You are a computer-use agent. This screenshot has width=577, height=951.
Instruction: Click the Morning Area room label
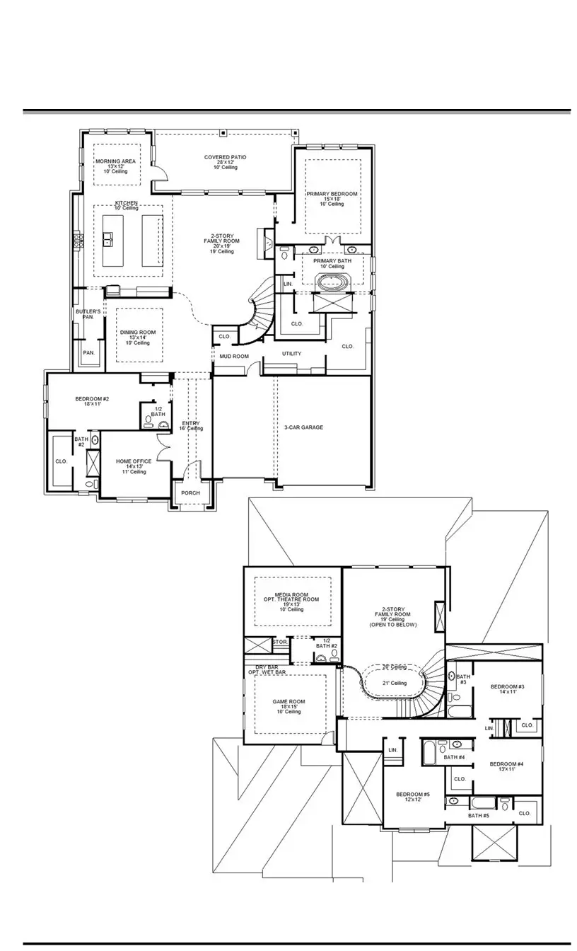point(115,161)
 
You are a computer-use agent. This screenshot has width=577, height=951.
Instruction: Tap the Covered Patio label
point(226,157)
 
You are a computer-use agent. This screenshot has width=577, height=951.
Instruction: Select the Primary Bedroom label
point(332,194)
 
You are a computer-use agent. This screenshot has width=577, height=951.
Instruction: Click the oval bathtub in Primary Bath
point(332,282)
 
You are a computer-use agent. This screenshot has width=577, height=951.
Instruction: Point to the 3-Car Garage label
point(303,427)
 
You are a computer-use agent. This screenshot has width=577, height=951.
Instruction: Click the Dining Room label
point(138,333)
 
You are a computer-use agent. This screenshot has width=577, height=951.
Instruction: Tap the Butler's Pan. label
point(88,314)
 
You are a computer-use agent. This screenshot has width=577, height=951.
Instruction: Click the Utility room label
point(291,354)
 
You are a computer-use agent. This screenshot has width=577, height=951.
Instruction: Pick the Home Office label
point(134,461)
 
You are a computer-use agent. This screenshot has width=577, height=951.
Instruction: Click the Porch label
point(190,493)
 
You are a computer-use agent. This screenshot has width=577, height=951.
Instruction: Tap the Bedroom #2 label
point(92,399)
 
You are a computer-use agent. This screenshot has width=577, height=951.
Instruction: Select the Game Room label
point(288,702)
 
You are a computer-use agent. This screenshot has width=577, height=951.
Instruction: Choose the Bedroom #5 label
point(413,795)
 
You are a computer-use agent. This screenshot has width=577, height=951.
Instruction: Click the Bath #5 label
point(478,816)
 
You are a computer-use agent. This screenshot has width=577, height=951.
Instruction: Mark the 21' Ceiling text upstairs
point(393,683)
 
